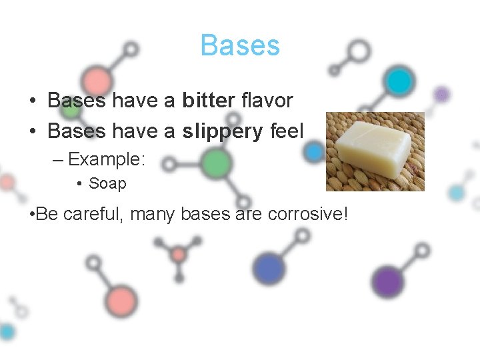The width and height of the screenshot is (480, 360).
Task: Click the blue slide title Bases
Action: point(240,46)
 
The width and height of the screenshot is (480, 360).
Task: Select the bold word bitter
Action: point(208,101)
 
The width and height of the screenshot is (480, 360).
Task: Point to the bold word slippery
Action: point(223,131)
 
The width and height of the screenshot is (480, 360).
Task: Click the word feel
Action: point(287,131)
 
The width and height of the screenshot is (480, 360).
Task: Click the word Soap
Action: point(107,183)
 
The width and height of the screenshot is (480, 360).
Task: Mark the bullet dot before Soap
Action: point(79,183)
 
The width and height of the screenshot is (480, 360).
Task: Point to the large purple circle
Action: point(387,281)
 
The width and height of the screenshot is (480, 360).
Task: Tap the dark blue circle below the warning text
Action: point(269,269)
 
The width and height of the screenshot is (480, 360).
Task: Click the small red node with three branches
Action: point(178,254)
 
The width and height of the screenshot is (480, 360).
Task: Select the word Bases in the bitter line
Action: point(77,101)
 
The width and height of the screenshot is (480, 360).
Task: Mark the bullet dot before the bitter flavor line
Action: point(33,101)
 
